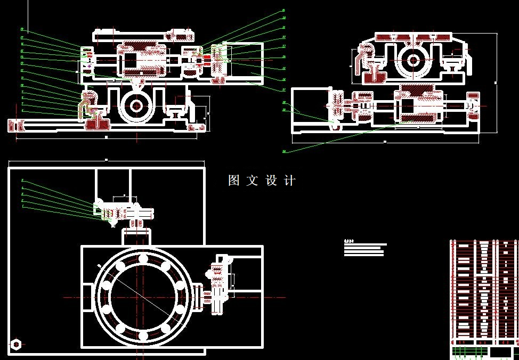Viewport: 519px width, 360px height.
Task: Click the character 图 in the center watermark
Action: [234, 181]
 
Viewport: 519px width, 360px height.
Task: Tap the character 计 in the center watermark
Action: [290, 181]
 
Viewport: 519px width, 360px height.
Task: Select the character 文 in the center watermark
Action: [253, 181]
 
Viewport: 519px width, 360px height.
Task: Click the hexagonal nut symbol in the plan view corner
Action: [16, 344]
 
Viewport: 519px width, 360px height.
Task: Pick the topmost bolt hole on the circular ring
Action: [143, 259]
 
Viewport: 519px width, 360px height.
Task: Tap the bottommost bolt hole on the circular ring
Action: [143, 336]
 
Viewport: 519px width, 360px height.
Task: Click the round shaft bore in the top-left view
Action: [136, 106]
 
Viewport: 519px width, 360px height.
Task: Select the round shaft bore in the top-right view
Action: [412, 60]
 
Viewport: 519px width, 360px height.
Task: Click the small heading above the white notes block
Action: [350, 240]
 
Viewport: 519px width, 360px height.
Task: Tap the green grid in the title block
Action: [469, 351]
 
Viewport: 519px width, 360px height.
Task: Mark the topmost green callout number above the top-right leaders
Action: [283, 11]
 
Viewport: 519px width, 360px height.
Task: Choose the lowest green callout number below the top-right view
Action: [284, 151]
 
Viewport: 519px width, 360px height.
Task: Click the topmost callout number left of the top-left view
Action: [22, 30]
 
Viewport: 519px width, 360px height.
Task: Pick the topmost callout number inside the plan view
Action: [22, 181]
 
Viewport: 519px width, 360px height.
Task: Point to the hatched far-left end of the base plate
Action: [16, 125]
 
